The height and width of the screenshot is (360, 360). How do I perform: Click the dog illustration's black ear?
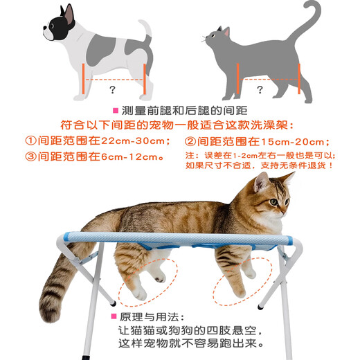click(68, 14)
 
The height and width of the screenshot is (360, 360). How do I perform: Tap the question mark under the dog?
click(113, 89)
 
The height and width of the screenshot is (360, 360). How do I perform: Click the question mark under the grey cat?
click(260, 89)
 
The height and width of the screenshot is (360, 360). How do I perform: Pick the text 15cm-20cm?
click(308, 141)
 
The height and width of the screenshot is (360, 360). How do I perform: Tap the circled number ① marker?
click(30, 141)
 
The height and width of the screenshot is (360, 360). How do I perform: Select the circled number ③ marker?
click(30, 157)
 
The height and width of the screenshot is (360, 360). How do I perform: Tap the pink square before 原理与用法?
click(114, 316)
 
